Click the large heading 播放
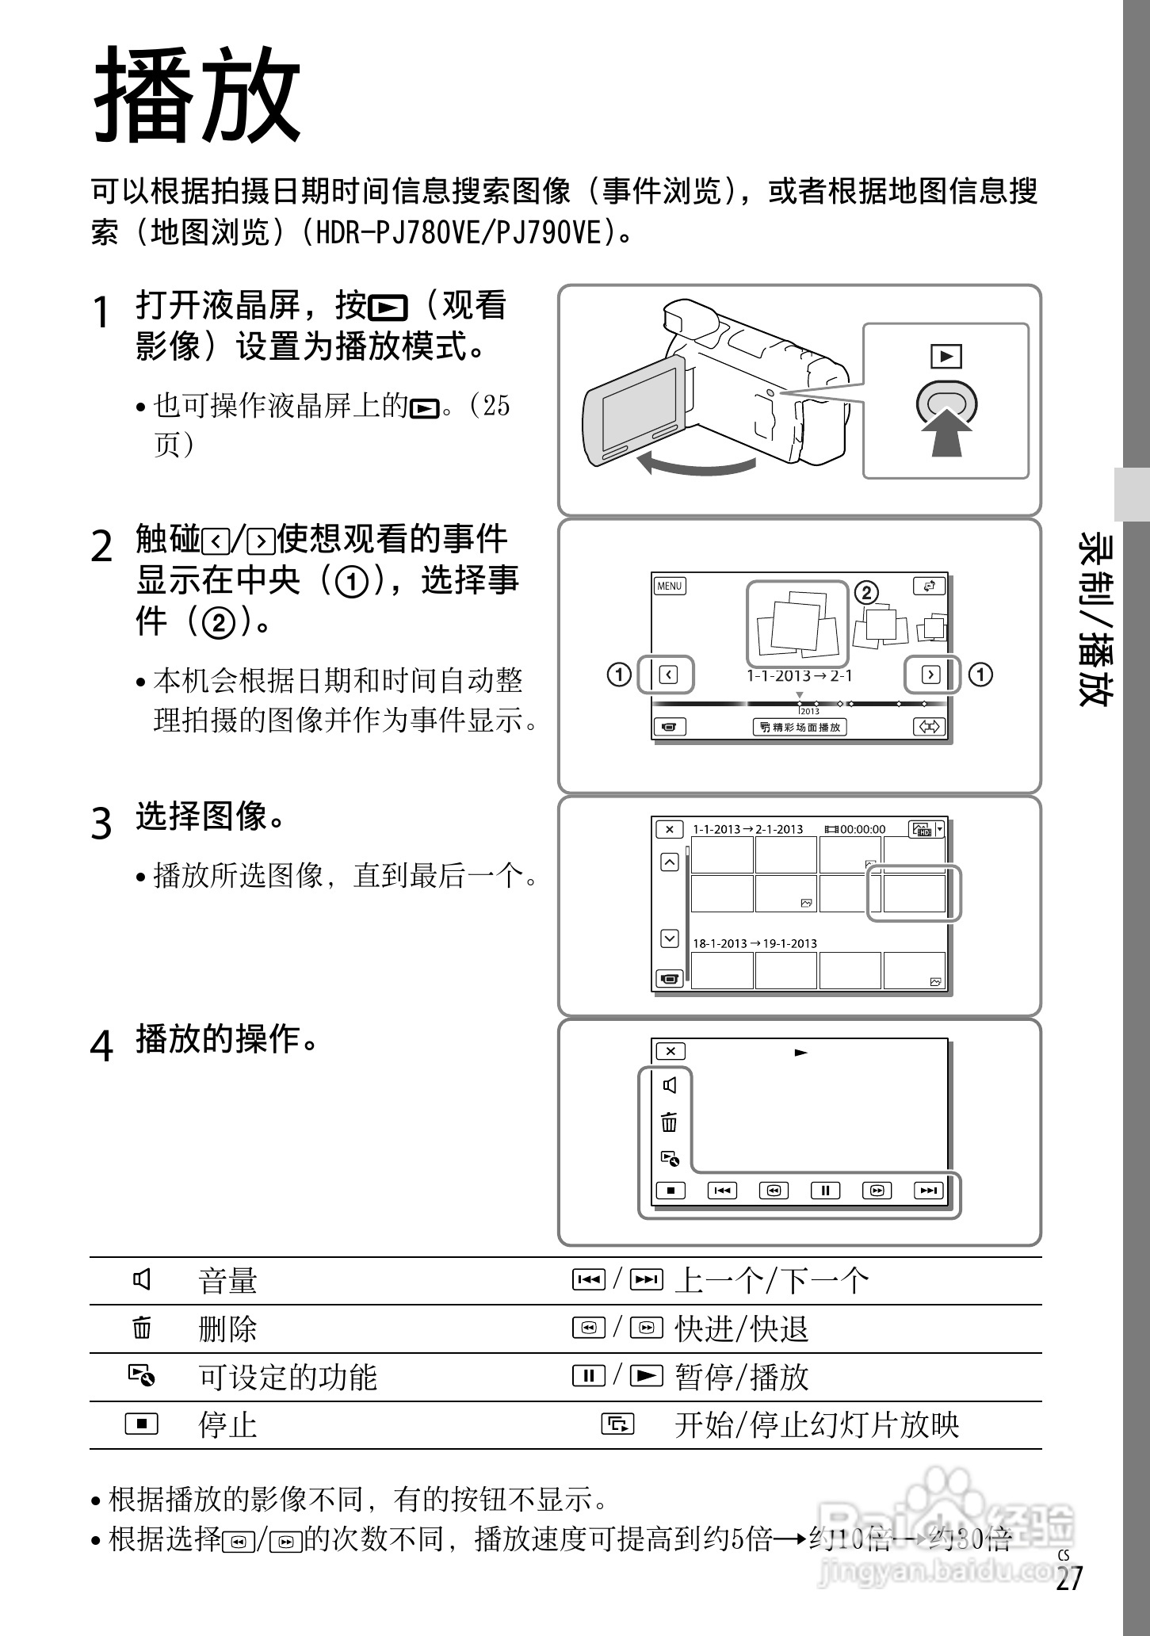tap(197, 96)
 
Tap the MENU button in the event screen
tap(670, 586)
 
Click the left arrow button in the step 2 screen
tap(668, 675)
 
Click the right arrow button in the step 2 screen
tap(930, 675)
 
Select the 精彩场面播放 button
tap(800, 727)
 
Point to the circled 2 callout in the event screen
tap(866, 592)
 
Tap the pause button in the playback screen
tap(825, 1190)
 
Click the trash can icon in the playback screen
tap(670, 1122)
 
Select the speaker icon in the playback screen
tap(671, 1085)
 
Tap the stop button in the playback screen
tap(671, 1190)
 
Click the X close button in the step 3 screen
tap(670, 829)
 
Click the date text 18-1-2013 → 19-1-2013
tap(754, 943)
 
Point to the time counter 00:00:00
tap(862, 829)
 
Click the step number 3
tap(101, 824)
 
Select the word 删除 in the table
tap(227, 1329)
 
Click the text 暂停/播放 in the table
tap(741, 1378)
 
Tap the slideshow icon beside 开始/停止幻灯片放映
tap(617, 1424)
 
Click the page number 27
tap(1068, 1578)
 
